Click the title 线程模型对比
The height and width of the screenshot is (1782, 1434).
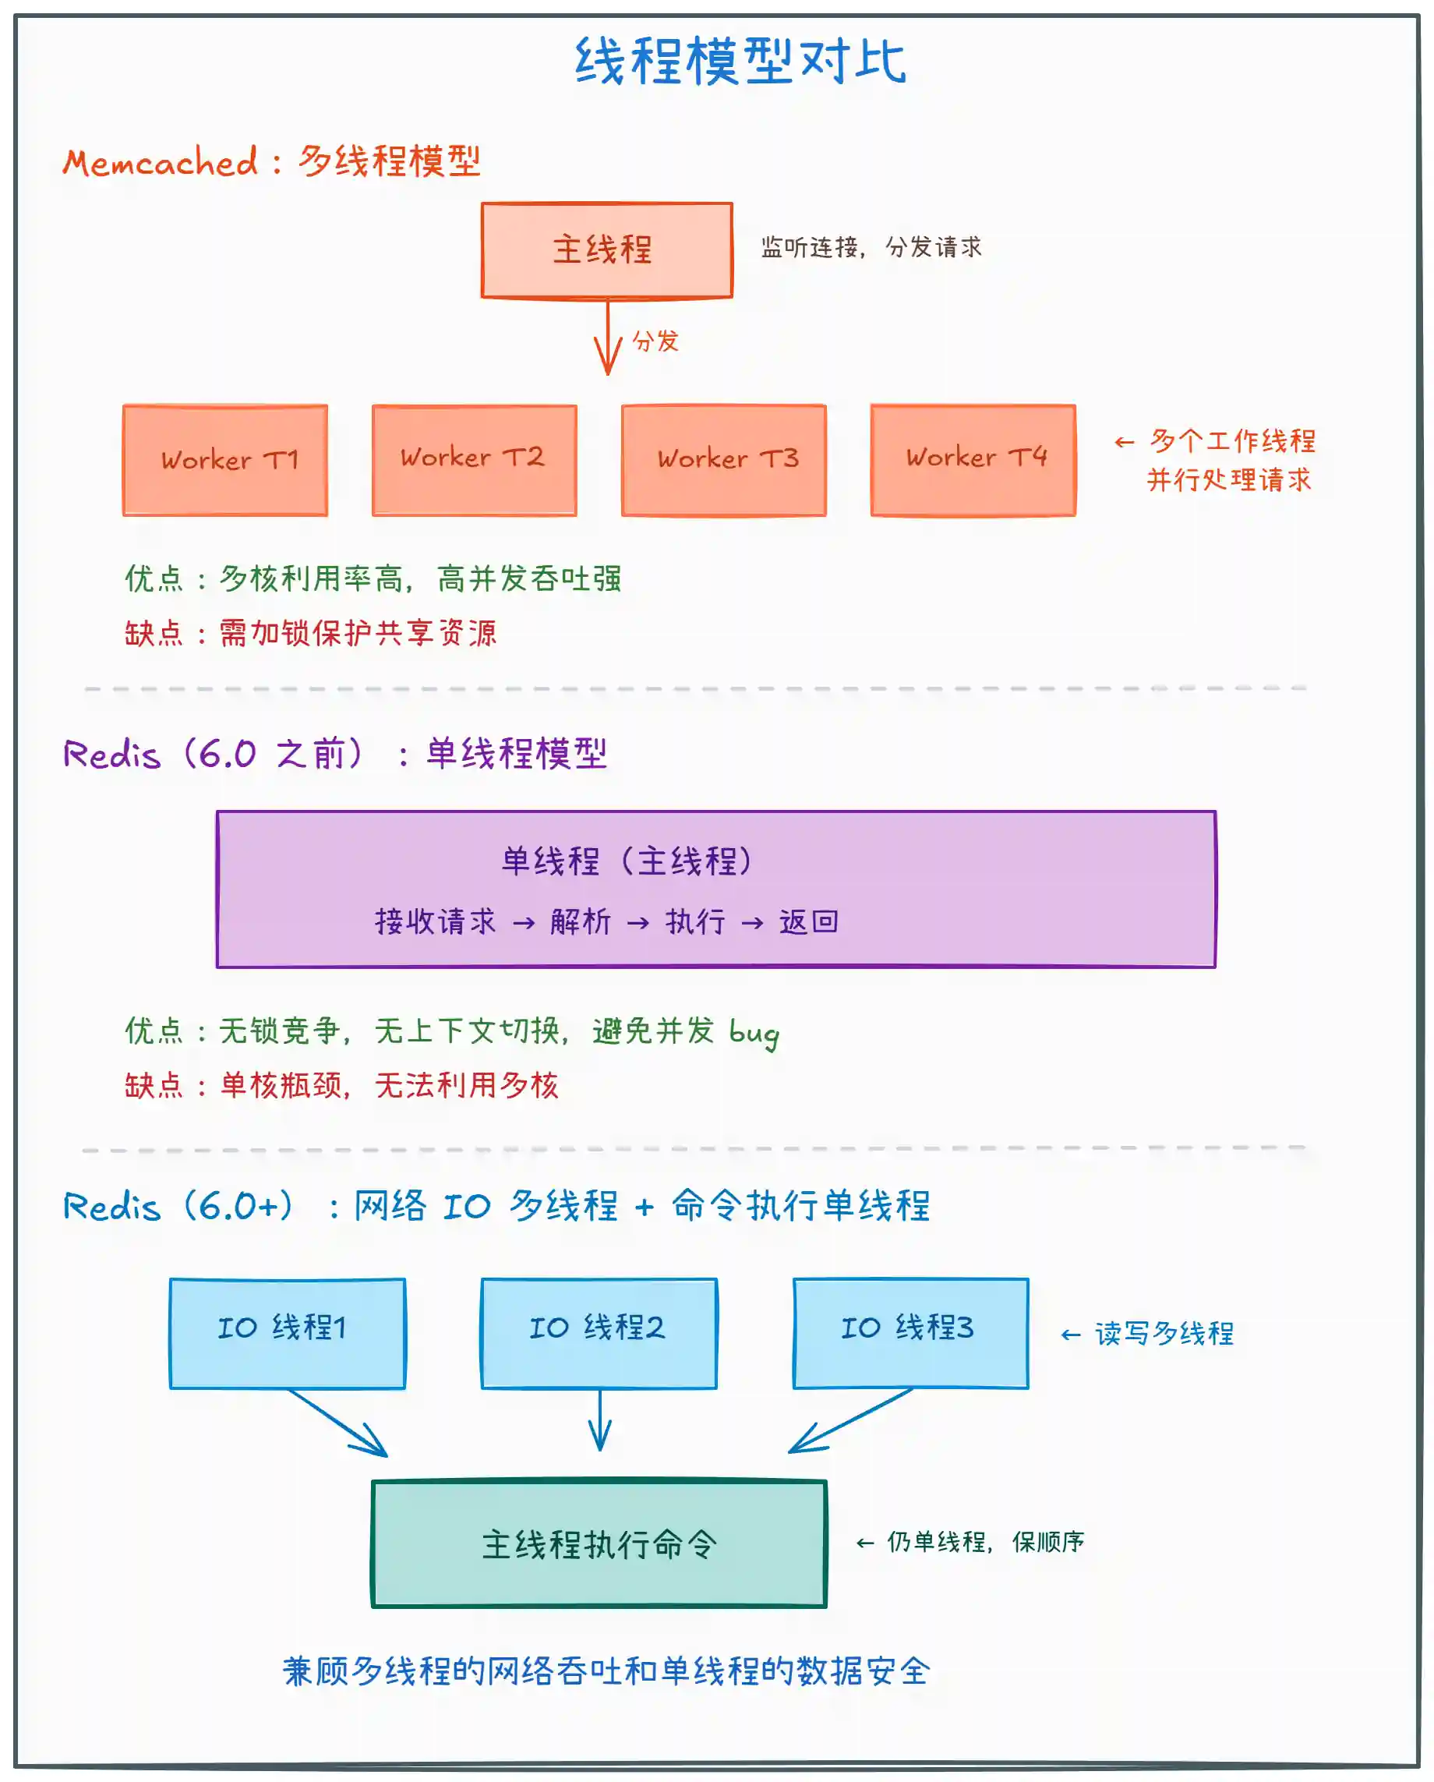coord(740,61)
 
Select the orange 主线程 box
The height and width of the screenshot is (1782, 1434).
coord(606,249)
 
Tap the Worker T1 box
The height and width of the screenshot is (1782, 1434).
coord(224,461)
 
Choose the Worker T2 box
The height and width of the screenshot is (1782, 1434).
coord(475,461)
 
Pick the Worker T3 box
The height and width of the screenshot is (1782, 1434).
coord(724,461)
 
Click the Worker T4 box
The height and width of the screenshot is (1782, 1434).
coord(973,461)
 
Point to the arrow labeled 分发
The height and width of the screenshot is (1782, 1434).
coord(609,338)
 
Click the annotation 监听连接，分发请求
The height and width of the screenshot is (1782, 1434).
coord(871,247)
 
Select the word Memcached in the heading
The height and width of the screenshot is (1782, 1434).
coord(161,162)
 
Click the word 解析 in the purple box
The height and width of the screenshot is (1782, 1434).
coord(580,921)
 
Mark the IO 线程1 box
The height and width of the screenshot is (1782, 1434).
coord(288,1333)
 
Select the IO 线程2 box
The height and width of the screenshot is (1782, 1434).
coord(599,1333)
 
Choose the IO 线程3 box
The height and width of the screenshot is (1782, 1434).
coord(911,1333)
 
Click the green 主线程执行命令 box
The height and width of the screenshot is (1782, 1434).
coord(599,1543)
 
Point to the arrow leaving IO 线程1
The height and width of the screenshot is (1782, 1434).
coord(339,1422)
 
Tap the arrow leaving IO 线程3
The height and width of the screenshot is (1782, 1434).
coord(851,1420)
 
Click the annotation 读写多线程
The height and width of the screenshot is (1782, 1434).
coord(1164,1333)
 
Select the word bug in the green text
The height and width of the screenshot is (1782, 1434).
coord(754,1033)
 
